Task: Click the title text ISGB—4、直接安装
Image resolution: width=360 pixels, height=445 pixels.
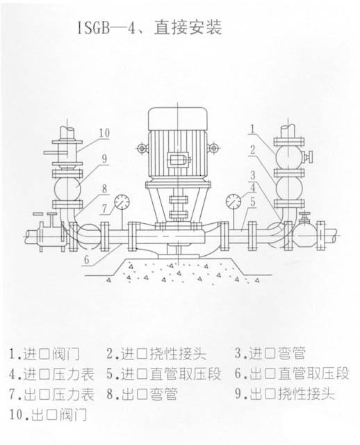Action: (149, 28)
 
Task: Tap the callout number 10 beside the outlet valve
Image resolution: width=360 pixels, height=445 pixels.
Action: (104, 133)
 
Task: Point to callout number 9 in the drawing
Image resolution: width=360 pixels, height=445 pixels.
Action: (104, 159)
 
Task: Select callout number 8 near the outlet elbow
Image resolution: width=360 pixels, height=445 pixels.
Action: (104, 188)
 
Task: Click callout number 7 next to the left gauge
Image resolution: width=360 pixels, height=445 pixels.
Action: (105, 209)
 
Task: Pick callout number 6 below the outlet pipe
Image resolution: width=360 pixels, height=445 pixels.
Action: (87, 260)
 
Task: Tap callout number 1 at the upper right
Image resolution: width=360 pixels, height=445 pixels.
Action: (252, 129)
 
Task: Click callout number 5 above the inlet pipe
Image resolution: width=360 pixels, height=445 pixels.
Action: (253, 202)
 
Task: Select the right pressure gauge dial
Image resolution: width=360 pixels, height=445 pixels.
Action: (234, 202)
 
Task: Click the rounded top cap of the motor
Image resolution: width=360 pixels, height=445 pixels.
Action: (178, 118)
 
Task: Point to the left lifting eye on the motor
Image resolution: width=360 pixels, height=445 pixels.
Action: (142, 148)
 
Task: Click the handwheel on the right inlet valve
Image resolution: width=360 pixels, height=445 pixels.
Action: (311, 156)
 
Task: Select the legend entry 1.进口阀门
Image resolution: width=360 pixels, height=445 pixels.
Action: (44, 354)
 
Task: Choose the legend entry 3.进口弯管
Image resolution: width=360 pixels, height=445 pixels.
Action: (270, 354)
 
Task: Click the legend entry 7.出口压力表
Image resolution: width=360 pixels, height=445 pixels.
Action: (51, 394)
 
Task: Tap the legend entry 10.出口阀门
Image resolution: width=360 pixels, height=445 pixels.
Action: (48, 415)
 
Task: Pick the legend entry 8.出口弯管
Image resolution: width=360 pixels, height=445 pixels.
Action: (142, 394)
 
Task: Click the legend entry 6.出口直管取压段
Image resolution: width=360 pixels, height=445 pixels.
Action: (292, 374)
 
